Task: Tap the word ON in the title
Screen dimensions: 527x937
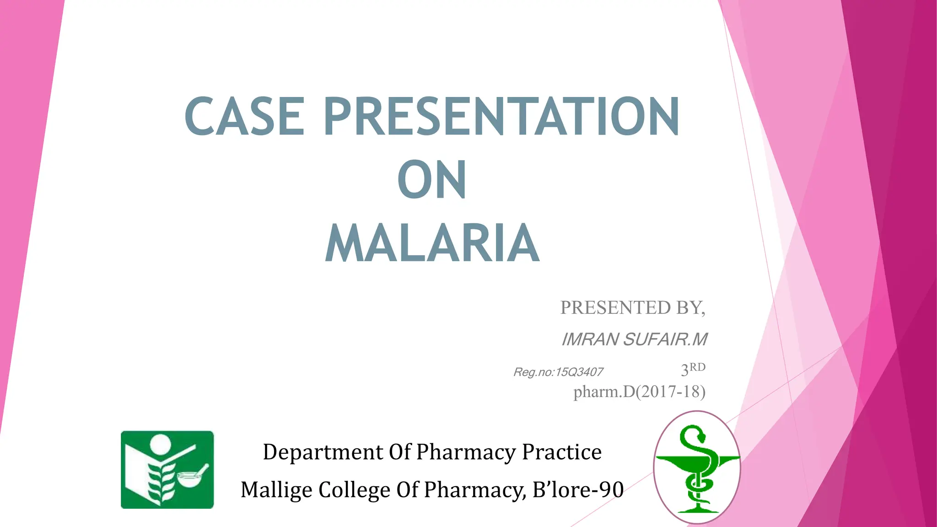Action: click(x=432, y=180)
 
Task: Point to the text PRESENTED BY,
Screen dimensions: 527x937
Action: click(x=633, y=308)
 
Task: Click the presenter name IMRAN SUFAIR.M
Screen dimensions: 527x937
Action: click(x=634, y=339)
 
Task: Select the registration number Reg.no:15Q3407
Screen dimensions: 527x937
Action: click(x=558, y=372)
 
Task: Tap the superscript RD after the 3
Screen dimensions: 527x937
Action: click(x=698, y=367)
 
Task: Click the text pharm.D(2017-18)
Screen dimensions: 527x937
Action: click(x=639, y=392)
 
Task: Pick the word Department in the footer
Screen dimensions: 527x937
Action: click(x=323, y=452)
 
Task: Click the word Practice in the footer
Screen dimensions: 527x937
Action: click(x=562, y=452)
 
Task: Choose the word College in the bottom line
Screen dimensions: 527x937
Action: click(x=354, y=489)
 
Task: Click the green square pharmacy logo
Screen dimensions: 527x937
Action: click(x=167, y=469)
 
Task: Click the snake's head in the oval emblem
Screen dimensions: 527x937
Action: click(x=699, y=432)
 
